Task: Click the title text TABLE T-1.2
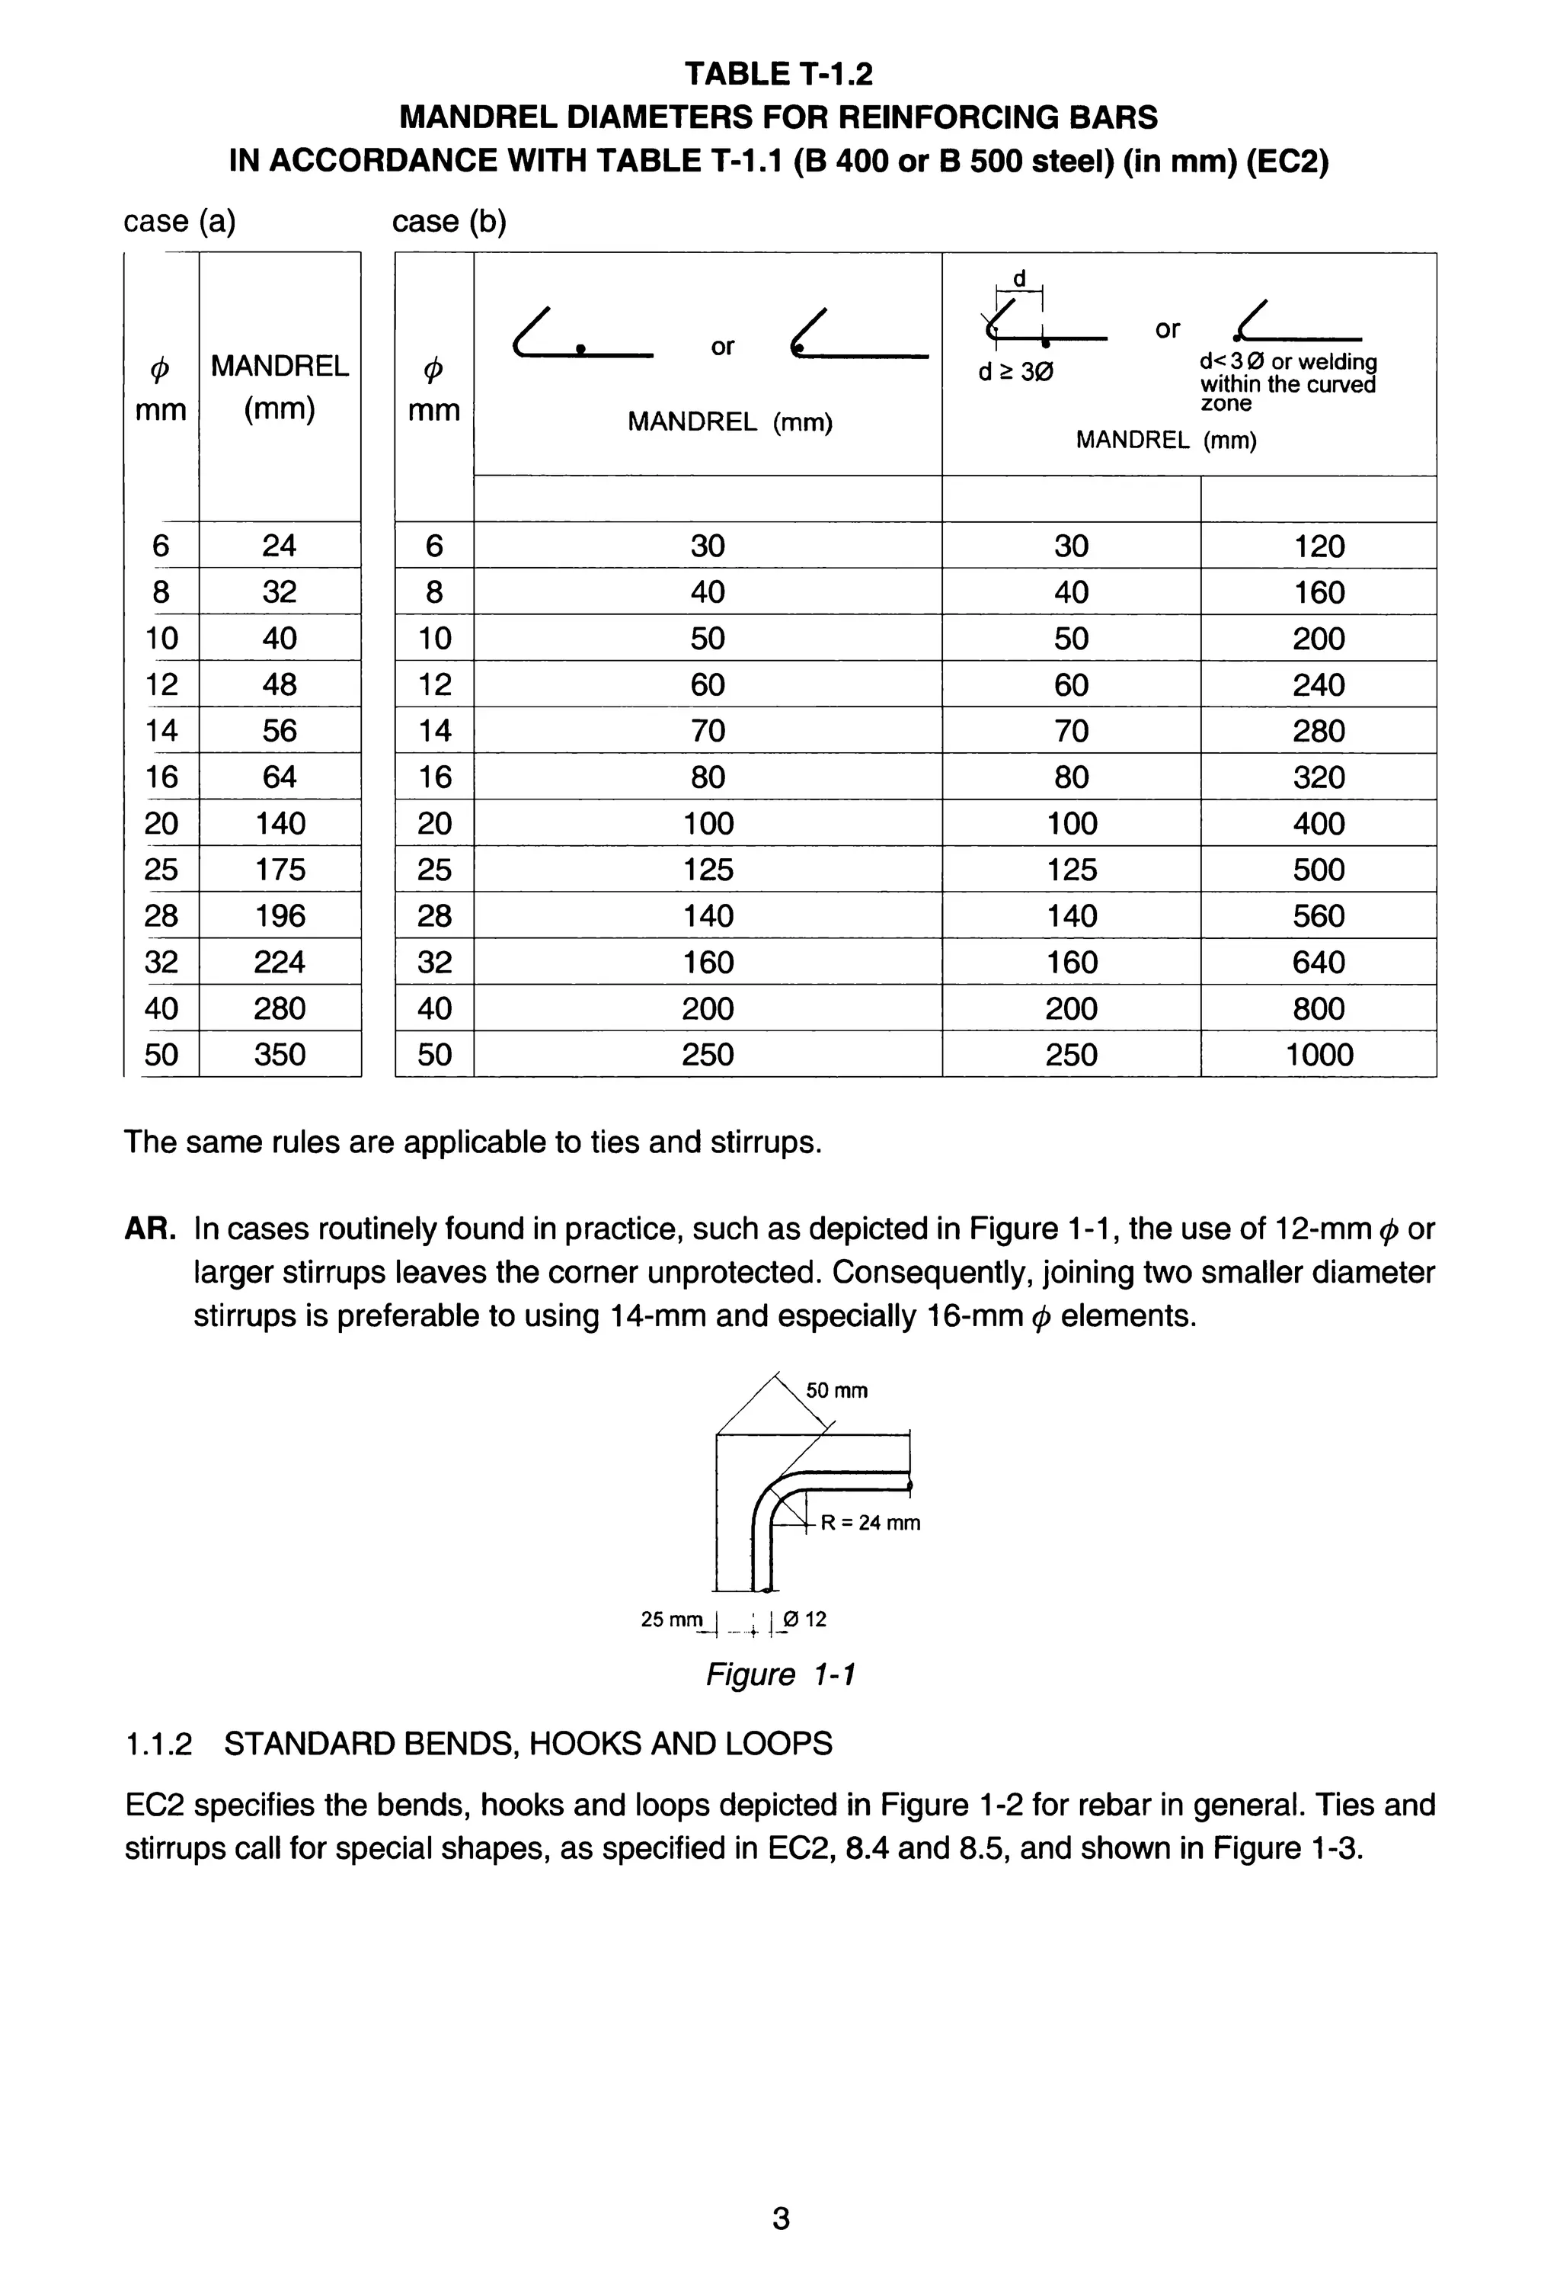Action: [x=778, y=74]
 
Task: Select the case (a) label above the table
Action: [x=179, y=221]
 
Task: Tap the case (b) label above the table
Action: [x=449, y=221]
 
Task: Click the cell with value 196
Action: [x=280, y=916]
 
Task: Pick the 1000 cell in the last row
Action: [x=1319, y=1055]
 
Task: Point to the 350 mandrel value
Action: [x=280, y=1055]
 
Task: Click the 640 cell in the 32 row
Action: [x=1319, y=962]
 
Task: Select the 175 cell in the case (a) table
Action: [x=280, y=870]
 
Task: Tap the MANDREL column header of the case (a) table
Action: [x=280, y=367]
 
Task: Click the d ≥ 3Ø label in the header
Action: [x=1015, y=373]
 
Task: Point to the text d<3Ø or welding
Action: [x=1288, y=363]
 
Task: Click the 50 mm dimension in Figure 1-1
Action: [x=836, y=1391]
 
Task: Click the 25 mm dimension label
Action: [x=672, y=1620]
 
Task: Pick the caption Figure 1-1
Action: [x=779, y=1675]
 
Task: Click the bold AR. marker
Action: [x=150, y=1229]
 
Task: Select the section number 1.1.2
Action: [x=158, y=1744]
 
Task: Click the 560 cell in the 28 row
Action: [x=1319, y=916]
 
